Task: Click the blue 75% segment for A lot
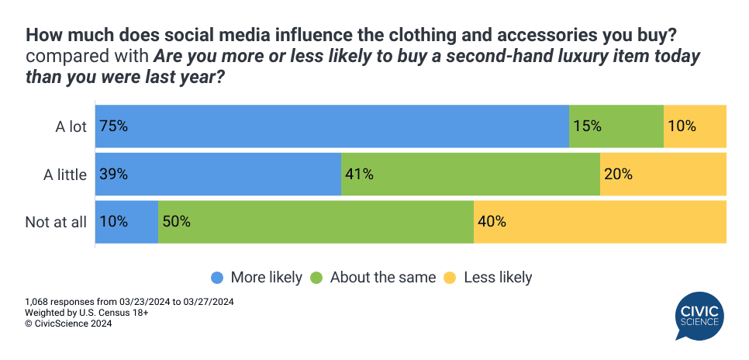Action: [332, 126]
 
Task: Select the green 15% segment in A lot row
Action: [616, 126]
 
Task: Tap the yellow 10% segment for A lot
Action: [695, 126]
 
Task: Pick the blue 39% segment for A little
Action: [218, 174]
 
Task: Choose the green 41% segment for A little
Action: [471, 174]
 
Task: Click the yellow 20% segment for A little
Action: [663, 174]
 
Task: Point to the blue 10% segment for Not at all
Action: [126, 222]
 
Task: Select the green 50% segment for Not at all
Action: [316, 222]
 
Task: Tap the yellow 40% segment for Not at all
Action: [600, 222]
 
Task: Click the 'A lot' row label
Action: [71, 126]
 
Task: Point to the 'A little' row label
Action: [64, 175]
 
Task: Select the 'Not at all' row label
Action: [56, 223]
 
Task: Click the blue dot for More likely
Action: [217, 278]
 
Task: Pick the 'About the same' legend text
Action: [383, 278]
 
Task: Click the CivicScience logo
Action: [699, 315]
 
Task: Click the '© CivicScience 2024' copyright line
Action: [68, 324]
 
